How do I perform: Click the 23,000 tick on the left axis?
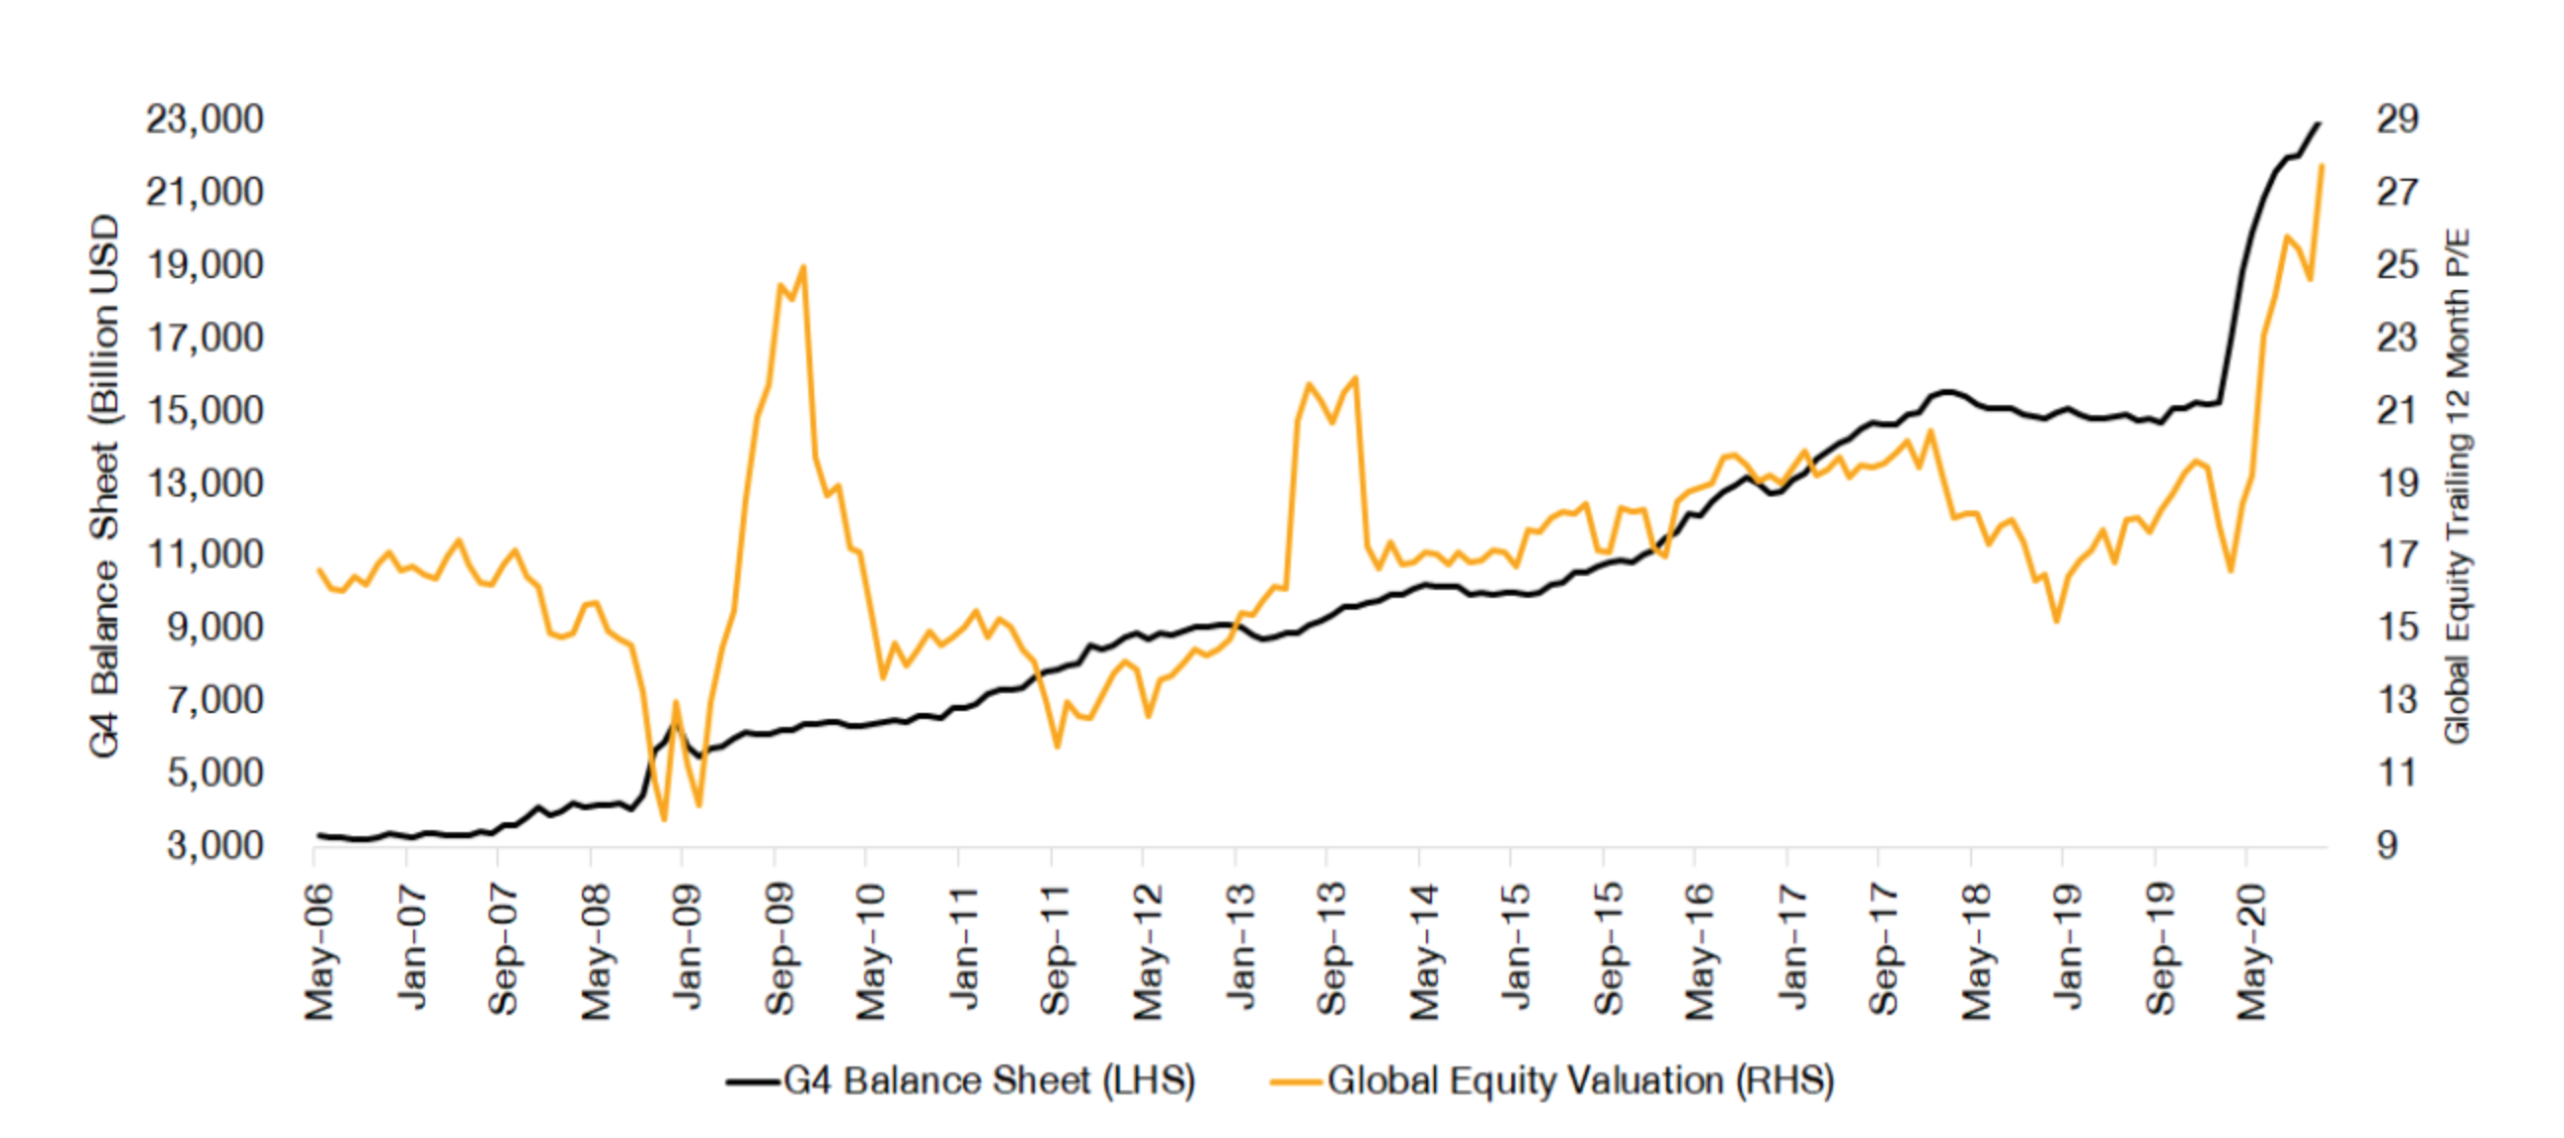[205, 119]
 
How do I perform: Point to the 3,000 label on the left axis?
[215, 845]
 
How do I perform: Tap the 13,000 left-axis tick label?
[205, 483]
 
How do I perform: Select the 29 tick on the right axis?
[2397, 119]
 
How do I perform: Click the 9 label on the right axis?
[2388, 845]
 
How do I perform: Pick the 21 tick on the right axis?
[2397, 410]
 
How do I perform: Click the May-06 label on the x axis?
[320, 951]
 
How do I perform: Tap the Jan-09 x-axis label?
[686, 945]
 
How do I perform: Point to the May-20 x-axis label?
[2251, 951]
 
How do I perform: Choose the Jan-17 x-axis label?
[1791, 945]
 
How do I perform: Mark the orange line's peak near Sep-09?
[802, 267]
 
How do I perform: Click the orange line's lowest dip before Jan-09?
[664, 819]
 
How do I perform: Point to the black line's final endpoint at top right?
[2319, 123]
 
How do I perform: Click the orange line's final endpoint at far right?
[2322, 165]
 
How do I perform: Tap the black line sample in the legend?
[752, 1081]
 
